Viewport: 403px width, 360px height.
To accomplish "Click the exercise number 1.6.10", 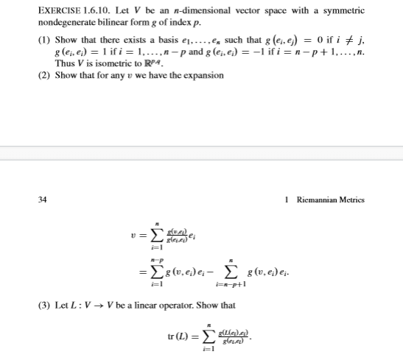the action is point(105,11).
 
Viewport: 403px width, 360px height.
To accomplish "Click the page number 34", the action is point(42,199).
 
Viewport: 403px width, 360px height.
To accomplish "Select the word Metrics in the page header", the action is point(351,199).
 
